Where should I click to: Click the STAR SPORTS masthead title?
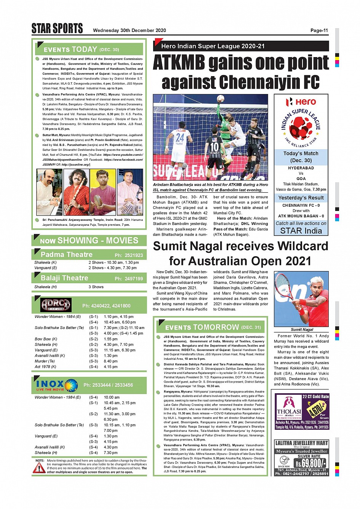(57, 29)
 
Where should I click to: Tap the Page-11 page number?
(319, 30)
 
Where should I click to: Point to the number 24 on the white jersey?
(180, 137)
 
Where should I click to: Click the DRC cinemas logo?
(56, 305)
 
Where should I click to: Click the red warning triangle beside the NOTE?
(39, 468)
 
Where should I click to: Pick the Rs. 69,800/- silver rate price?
(310, 463)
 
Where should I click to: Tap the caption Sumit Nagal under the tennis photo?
(302, 329)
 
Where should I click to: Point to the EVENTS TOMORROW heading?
(202, 327)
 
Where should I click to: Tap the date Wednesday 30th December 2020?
(129, 30)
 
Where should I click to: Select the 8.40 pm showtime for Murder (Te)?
(110, 361)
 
